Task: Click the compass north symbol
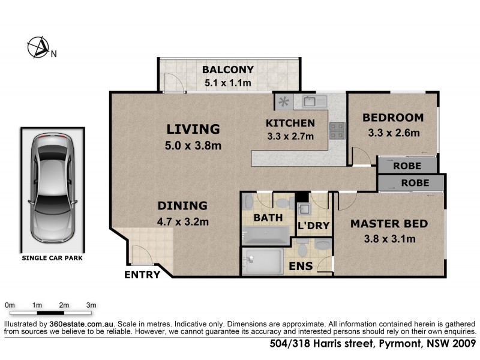[38, 47]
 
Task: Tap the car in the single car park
[53, 187]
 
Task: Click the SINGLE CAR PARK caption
[52, 259]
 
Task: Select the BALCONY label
[228, 69]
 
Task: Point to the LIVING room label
[193, 129]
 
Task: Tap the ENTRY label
[142, 275]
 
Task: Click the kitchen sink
[313, 101]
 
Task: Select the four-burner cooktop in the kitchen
[337, 130]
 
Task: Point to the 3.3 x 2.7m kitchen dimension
[290, 137]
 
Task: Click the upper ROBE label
[407, 166]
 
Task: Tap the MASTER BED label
[389, 224]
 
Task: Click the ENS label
[301, 266]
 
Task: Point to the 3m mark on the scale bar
[92, 305]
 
